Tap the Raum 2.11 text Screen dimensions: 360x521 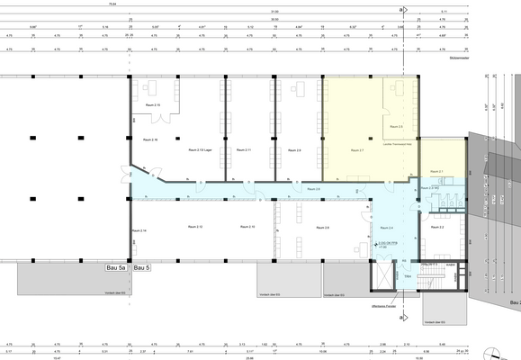[243, 149]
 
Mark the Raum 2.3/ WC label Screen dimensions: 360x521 [435, 188]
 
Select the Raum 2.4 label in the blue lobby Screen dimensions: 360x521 [386, 228]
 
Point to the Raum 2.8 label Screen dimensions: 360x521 [321, 228]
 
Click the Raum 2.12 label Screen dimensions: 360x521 [193, 227]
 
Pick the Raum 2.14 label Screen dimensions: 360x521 [139, 231]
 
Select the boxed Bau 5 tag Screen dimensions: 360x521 [141, 267]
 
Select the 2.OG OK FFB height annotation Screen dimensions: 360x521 [382, 245]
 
